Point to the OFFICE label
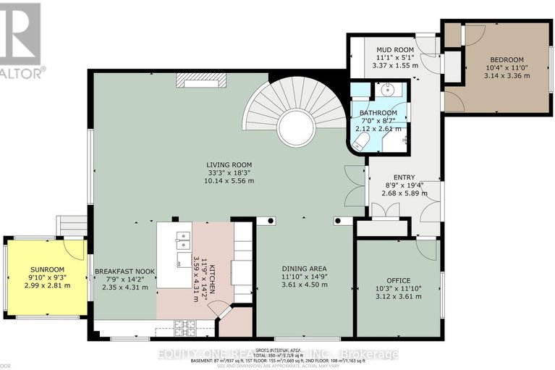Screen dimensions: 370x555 399,280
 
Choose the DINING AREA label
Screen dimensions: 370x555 305,266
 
